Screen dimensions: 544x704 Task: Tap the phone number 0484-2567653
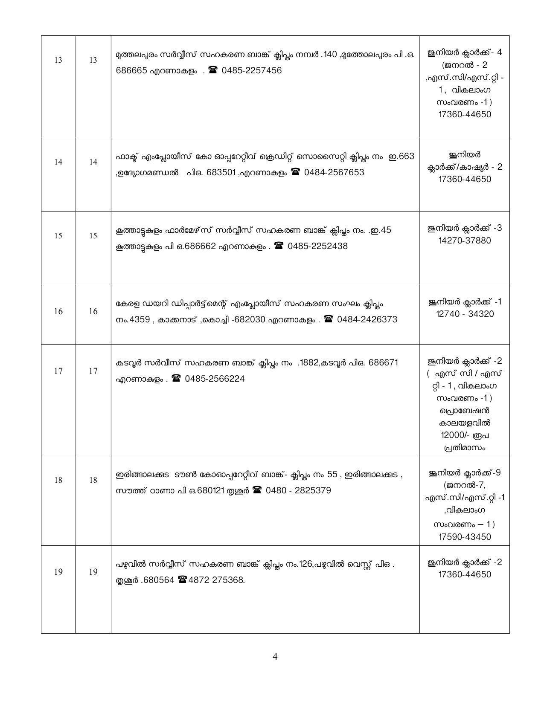pos(334,172)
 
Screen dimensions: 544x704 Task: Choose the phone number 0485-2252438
pos(317,246)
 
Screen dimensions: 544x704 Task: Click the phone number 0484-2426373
pos(367,319)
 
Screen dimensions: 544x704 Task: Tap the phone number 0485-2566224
pos(215,379)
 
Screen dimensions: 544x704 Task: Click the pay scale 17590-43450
pos(465,537)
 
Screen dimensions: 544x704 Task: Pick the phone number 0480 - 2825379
pos(298,490)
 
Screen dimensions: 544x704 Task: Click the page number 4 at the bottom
pos(275,656)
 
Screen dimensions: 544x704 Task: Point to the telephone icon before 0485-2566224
pos(176,378)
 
